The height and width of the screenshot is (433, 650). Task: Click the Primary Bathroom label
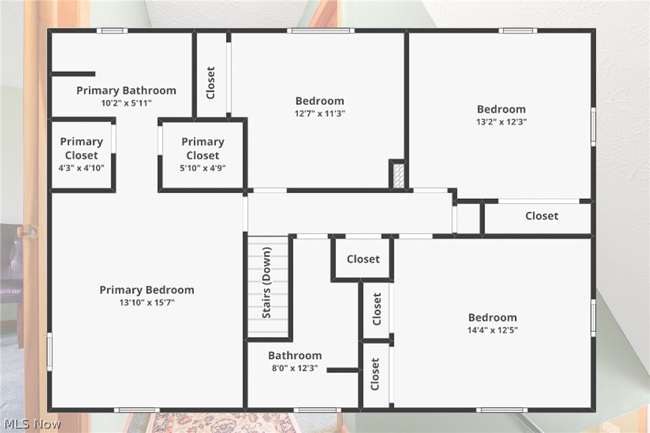coord(126,90)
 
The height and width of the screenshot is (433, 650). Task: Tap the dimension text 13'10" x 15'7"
coord(147,302)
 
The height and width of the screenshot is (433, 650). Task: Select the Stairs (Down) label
coord(267,283)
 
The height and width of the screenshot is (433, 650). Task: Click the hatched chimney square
coord(397,175)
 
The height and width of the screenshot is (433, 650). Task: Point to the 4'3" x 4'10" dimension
coord(81,168)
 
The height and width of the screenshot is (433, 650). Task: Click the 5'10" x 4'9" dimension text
coord(203,168)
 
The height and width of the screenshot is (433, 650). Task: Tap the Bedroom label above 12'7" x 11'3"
coord(320,101)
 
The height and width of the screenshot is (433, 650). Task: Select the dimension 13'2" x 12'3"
coord(501,121)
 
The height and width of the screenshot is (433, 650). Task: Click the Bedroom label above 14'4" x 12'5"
coord(492,317)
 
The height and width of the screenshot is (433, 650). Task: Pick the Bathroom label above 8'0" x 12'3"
coord(294,355)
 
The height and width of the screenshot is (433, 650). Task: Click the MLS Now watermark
coord(31,424)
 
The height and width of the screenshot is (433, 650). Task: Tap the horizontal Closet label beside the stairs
coord(363,259)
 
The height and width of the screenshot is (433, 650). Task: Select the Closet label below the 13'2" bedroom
coord(542,216)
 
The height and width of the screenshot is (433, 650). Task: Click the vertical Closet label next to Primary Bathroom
coord(210,83)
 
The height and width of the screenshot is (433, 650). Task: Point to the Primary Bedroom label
coord(147,290)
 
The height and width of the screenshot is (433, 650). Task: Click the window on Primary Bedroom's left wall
coord(50,352)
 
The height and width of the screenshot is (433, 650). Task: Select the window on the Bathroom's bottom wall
coord(317,410)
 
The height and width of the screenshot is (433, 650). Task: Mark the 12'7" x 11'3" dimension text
coord(320,113)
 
